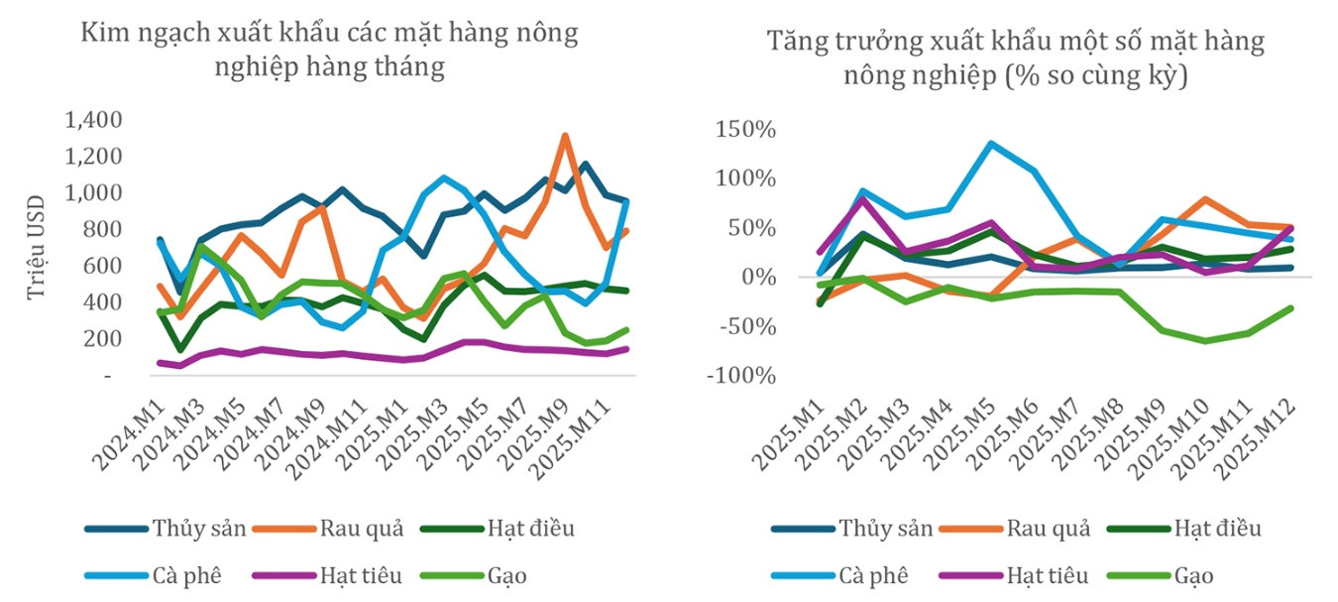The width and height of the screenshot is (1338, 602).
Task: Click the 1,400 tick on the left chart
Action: click(93, 120)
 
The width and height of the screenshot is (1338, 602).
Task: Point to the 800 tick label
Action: click(102, 229)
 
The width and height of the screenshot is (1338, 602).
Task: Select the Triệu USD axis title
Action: click(37, 248)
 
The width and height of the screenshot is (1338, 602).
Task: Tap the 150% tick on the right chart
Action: click(745, 129)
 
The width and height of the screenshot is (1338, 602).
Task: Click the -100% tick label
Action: click(740, 376)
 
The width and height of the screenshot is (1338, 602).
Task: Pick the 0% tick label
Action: click(758, 277)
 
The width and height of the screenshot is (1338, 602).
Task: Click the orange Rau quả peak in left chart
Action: click(565, 136)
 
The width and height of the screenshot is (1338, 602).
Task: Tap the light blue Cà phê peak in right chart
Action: click(990, 143)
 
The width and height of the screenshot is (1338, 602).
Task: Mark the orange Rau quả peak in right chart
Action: click(1204, 199)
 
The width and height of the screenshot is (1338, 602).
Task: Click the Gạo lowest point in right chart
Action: click(1205, 341)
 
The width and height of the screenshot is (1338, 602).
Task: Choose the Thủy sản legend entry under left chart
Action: click(166, 529)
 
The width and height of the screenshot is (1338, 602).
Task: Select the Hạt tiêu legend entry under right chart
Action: click(1013, 575)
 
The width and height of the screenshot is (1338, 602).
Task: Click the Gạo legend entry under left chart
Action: click(473, 575)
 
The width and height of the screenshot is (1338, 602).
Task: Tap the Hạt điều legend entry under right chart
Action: click(1184, 529)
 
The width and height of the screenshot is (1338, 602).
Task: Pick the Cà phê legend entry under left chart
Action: click(153, 575)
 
